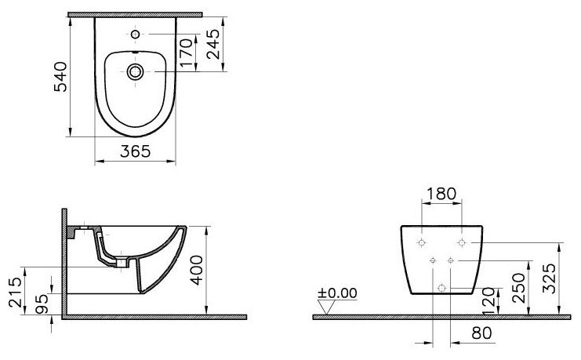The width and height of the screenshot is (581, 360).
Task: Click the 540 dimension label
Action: tap(61, 77)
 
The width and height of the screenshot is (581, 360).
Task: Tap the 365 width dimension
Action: tap(135, 151)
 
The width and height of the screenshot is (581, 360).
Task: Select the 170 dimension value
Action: tap(187, 53)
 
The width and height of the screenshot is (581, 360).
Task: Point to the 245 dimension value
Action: tap(213, 44)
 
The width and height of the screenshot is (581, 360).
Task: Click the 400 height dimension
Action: tap(197, 271)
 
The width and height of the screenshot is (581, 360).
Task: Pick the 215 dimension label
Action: tap(15, 292)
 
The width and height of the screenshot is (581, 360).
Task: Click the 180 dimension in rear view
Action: tap(441, 194)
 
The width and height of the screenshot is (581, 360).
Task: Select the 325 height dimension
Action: tap(549, 278)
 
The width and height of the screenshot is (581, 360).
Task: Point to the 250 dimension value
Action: tap(519, 288)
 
